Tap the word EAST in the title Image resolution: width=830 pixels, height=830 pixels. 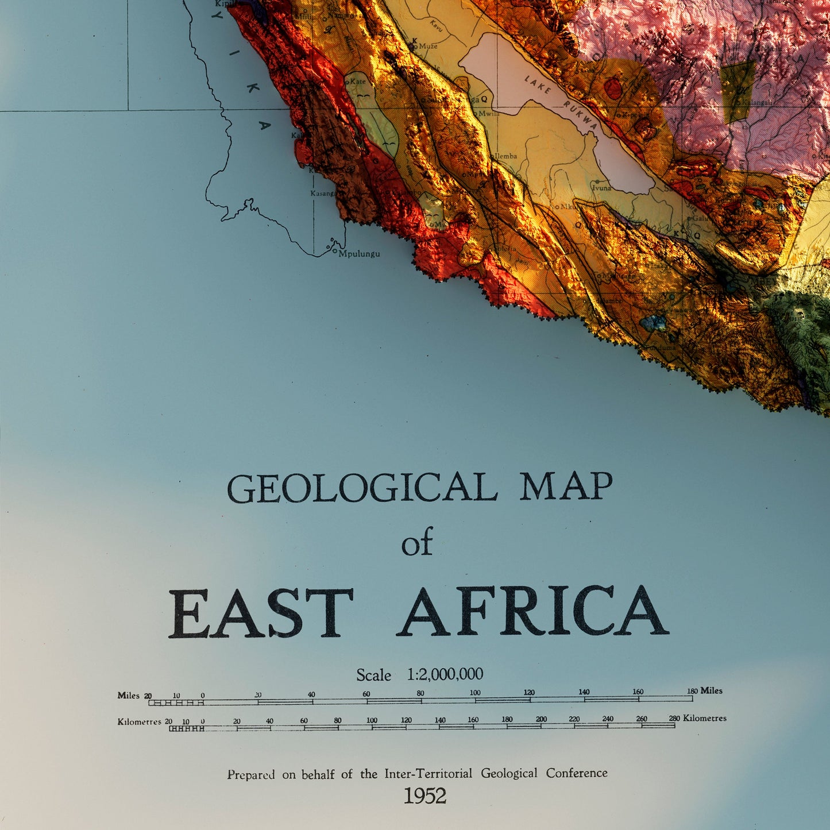click(260, 613)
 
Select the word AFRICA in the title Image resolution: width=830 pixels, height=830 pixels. click(532, 612)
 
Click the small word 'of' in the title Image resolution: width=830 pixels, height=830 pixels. click(416, 544)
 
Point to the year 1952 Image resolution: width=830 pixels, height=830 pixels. click(424, 796)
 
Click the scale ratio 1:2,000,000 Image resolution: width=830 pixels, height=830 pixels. click(445, 674)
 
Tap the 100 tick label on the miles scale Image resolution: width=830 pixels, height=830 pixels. click(475, 693)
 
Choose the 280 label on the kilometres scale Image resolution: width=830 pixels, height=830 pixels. click(674, 719)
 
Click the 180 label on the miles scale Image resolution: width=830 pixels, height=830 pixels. click(692, 692)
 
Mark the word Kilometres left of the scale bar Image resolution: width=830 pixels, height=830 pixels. click(139, 721)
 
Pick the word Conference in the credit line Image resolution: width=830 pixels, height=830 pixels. click(576, 773)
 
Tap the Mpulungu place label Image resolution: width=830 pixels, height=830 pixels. click(359, 254)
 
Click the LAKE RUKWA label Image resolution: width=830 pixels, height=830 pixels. click(561, 102)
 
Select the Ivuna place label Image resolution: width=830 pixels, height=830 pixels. click(601, 188)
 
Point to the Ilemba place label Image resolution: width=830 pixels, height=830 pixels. click(505, 156)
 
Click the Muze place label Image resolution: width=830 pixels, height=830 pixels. click(428, 46)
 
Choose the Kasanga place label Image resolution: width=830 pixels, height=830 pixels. click(323, 194)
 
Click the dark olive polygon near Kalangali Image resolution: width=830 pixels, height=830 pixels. click(737, 91)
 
